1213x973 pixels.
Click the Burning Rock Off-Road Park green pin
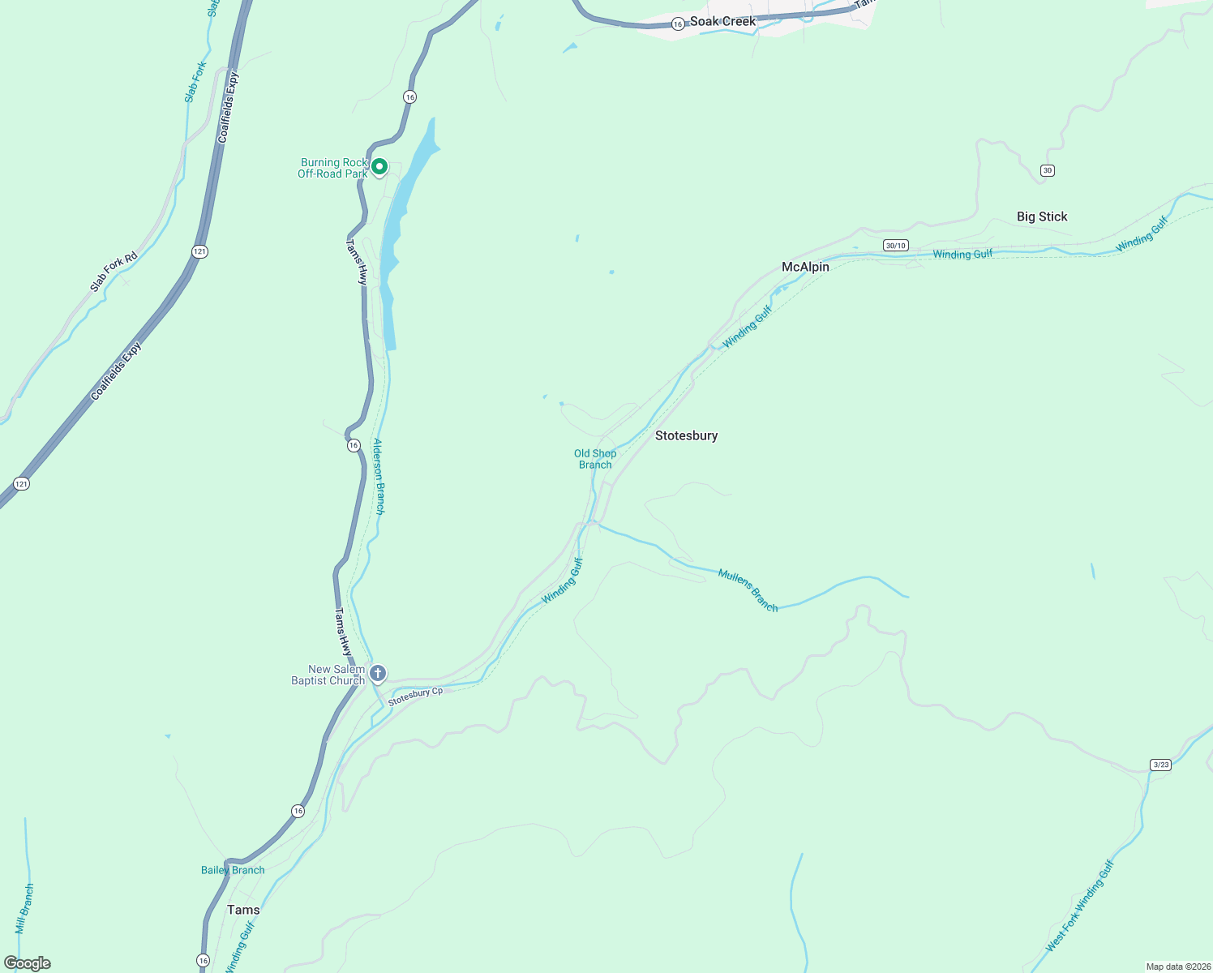(379, 167)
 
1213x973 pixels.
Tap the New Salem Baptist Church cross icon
(377, 674)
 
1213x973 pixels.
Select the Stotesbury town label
(686, 435)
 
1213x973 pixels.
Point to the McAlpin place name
(805, 267)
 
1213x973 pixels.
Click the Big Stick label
(1042, 216)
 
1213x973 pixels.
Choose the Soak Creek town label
(722, 22)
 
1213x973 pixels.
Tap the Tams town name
(243, 910)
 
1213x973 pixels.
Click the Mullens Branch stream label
(748, 590)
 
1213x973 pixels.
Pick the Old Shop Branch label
(595, 459)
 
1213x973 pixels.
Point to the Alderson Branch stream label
(379, 477)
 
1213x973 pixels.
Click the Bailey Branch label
(233, 870)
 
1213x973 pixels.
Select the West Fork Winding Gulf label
(1080, 906)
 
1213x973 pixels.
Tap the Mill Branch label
(24, 908)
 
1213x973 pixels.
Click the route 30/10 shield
(895, 246)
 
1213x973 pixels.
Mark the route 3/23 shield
(1160, 765)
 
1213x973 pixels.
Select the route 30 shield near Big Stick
(1048, 170)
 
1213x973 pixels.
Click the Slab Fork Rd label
(114, 272)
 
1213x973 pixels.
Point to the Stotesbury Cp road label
(415, 695)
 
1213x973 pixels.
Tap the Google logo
(27, 963)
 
